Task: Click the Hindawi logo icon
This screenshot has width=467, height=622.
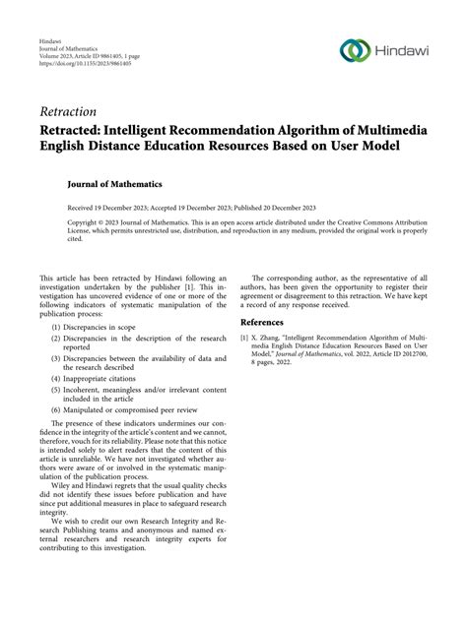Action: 355,50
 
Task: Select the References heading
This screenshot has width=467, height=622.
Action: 271,322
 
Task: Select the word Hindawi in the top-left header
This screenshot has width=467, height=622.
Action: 53,46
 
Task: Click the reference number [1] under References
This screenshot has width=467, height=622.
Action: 245,338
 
